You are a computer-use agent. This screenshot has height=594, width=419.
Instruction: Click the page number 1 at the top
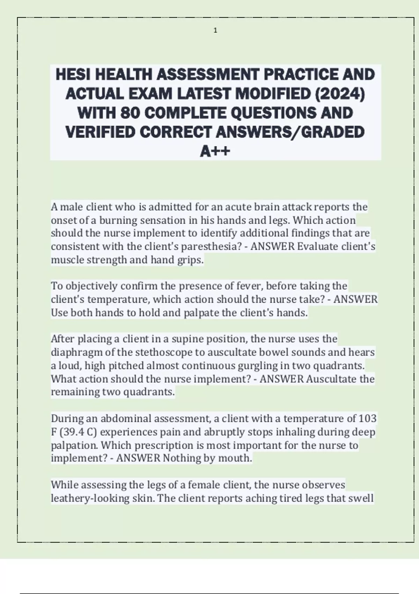[x=215, y=31]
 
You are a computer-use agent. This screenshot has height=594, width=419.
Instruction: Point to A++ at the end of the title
[x=215, y=151]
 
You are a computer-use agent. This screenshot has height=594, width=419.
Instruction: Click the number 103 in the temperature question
[x=367, y=418]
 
